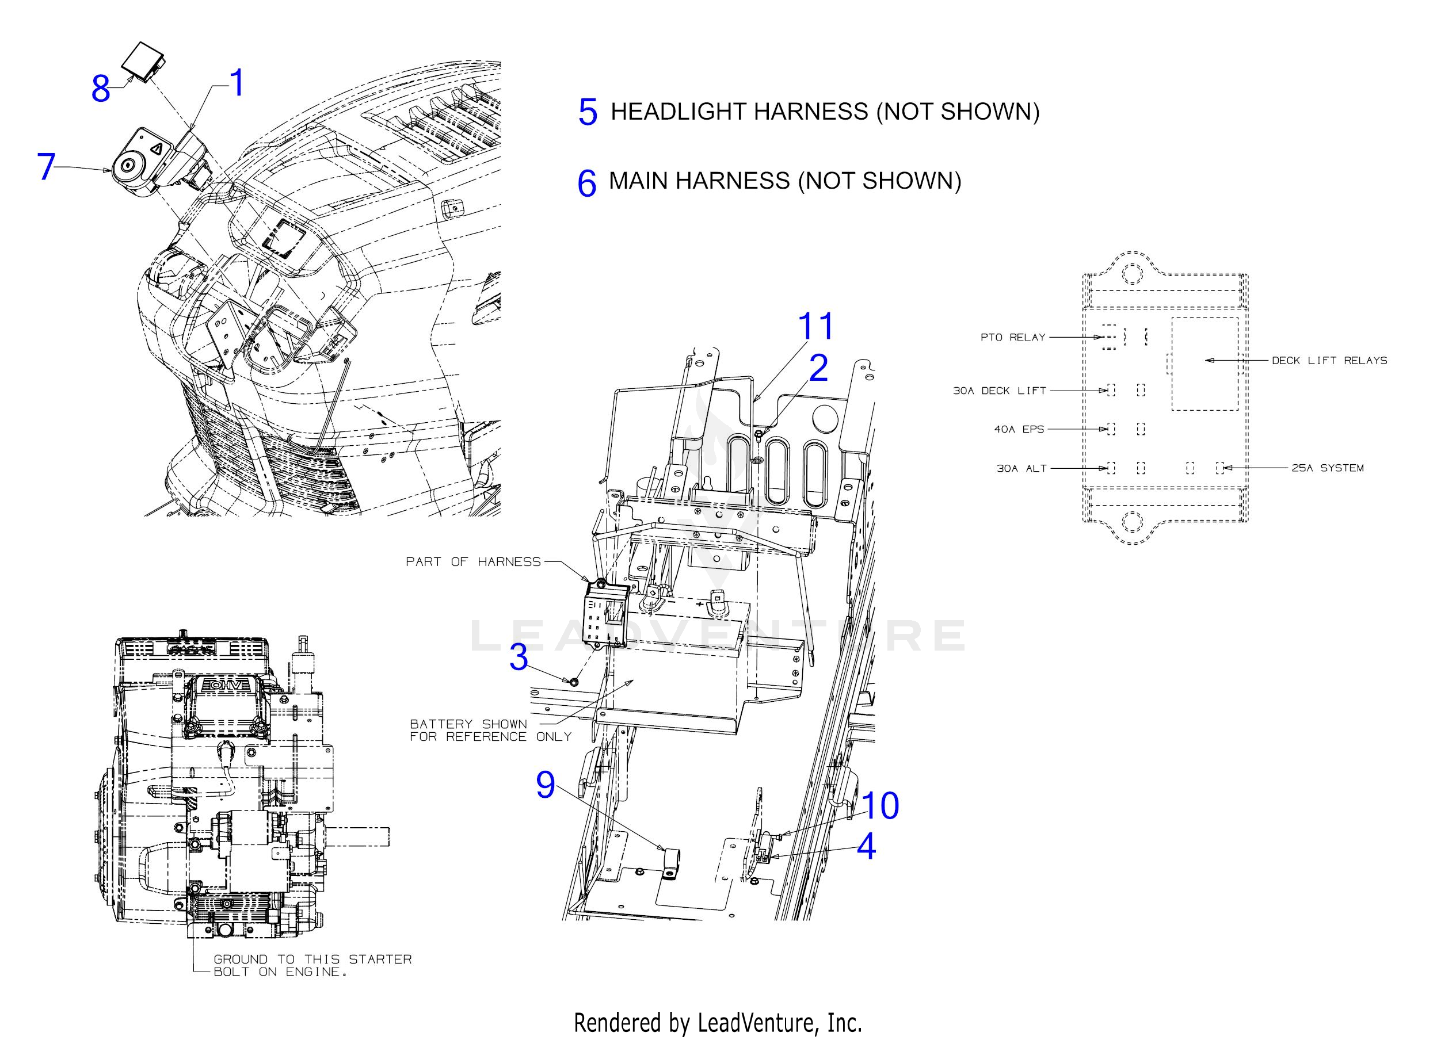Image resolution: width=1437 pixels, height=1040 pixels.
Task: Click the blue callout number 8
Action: click(101, 89)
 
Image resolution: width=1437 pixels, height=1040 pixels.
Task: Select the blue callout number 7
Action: click(46, 167)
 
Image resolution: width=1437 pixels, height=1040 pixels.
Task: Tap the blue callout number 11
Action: click(815, 327)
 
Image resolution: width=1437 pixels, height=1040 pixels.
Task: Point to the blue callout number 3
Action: click(519, 657)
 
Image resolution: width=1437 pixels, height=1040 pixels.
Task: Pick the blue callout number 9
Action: click(546, 785)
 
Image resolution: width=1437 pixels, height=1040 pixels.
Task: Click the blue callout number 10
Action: click(880, 806)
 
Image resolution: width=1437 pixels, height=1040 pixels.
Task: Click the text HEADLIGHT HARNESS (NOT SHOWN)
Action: click(825, 112)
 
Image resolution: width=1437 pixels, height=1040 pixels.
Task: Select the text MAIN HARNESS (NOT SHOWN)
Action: click(785, 181)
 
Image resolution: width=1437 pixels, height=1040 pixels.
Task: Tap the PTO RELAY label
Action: click(1012, 338)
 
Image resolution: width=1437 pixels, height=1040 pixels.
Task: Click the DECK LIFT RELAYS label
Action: click(1329, 361)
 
